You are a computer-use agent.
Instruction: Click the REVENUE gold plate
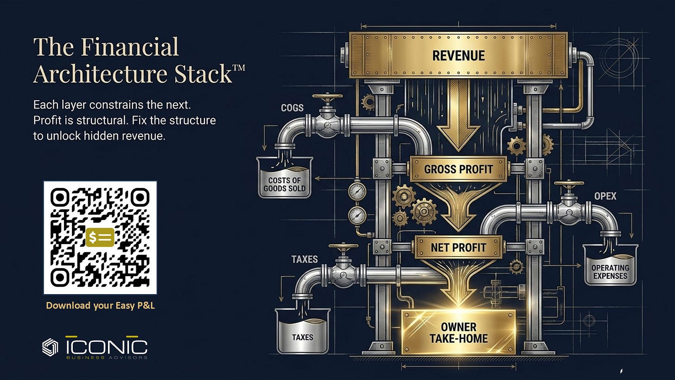click(458, 55)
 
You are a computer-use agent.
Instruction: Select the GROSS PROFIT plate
click(458, 169)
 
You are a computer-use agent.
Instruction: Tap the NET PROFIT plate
click(458, 247)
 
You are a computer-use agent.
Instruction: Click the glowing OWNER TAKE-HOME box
click(458, 332)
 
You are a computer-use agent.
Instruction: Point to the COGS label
click(292, 108)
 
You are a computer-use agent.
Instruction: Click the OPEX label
click(605, 196)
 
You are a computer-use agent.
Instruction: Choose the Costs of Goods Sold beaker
click(285, 177)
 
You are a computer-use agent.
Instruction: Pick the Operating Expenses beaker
click(610, 265)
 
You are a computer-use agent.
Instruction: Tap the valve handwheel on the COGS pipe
click(327, 97)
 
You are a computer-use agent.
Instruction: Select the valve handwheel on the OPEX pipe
click(569, 183)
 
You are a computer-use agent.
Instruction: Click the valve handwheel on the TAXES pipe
click(343, 246)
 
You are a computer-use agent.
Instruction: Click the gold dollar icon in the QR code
click(100, 238)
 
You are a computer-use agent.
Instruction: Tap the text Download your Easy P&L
click(100, 305)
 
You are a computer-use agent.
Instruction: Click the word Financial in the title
click(130, 47)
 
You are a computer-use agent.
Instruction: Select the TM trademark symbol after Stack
click(239, 67)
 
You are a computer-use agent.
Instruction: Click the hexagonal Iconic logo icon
click(50, 347)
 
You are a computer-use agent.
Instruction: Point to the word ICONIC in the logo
click(107, 347)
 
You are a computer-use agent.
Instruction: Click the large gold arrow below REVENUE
click(458, 115)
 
